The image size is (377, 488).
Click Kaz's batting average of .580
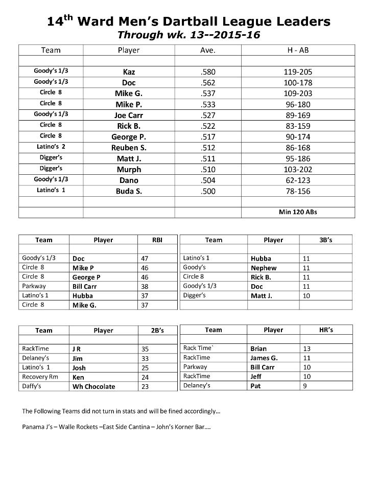(x=208, y=72)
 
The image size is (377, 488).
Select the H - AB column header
(x=298, y=50)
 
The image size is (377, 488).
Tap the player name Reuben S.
(x=129, y=148)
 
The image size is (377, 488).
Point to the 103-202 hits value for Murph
(x=298, y=170)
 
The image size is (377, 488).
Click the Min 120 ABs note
(x=298, y=212)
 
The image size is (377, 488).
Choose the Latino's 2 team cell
(x=51, y=147)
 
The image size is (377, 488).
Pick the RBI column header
(x=157, y=240)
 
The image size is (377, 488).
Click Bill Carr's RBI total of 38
(x=145, y=286)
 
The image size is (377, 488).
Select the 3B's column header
(x=325, y=240)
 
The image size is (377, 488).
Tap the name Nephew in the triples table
(x=264, y=268)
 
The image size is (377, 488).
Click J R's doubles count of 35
(x=145, y=349)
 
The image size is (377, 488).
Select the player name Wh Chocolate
(x=94, y=386)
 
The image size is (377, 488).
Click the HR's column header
(x=325, y=330)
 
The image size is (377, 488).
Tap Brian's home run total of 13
(x=307, y=348)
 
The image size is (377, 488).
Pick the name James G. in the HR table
(x=264, y=358)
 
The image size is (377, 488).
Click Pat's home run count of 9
(x=305, y=386)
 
